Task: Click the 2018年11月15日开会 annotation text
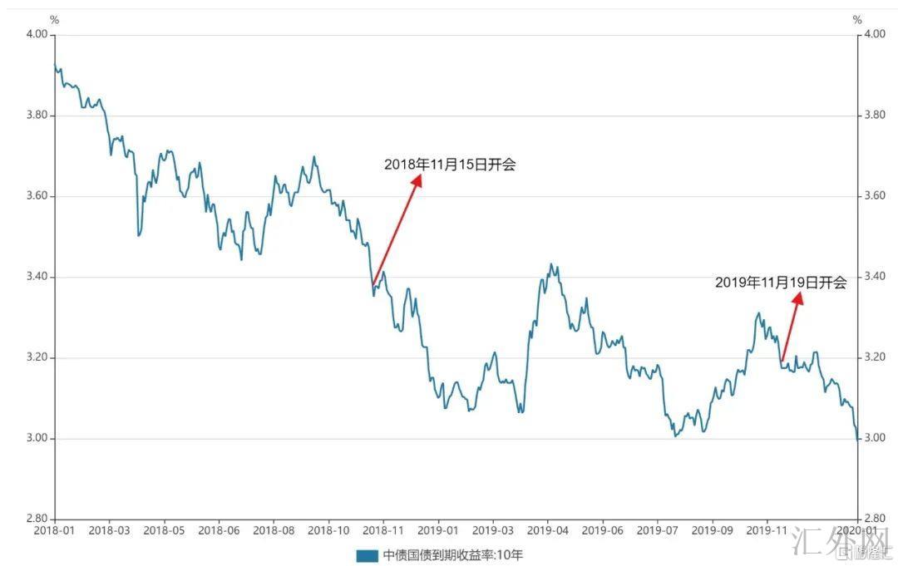450,165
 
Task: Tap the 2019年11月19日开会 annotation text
780,283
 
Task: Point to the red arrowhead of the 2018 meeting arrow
417,180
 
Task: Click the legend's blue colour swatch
367,555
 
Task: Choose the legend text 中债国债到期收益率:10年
453,555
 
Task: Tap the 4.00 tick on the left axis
37,35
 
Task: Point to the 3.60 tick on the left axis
37,196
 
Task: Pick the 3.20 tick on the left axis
37,357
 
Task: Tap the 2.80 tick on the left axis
37,519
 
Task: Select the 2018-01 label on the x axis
54,529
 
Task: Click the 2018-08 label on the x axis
274,529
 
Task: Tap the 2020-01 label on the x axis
858,529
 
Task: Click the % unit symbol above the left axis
55,19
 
